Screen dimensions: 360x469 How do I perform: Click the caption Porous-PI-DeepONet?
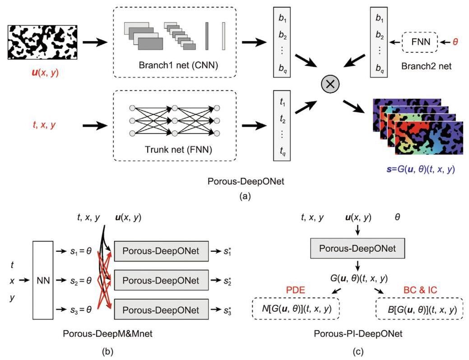357,333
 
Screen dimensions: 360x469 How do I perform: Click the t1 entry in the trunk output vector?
282,102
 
